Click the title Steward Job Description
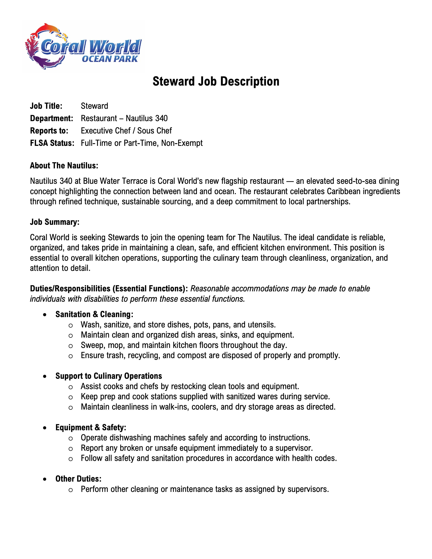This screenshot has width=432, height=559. click(x=216, y=81)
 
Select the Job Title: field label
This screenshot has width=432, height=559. click(x=46, y=106)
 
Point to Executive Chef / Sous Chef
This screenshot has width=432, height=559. click(x=126, y=131)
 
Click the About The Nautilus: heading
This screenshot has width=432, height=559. click(x=64, y=166)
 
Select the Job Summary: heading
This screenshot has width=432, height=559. click(x=55, y=222)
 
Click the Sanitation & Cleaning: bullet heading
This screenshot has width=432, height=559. click(x=94, y=314)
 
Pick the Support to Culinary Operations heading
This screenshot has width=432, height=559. click(x=109, y=376)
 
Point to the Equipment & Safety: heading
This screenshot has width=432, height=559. click(x=91, y=427)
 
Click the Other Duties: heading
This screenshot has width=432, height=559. click(x=78, y=479)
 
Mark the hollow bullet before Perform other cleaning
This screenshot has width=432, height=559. click(x=71, y=490)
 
